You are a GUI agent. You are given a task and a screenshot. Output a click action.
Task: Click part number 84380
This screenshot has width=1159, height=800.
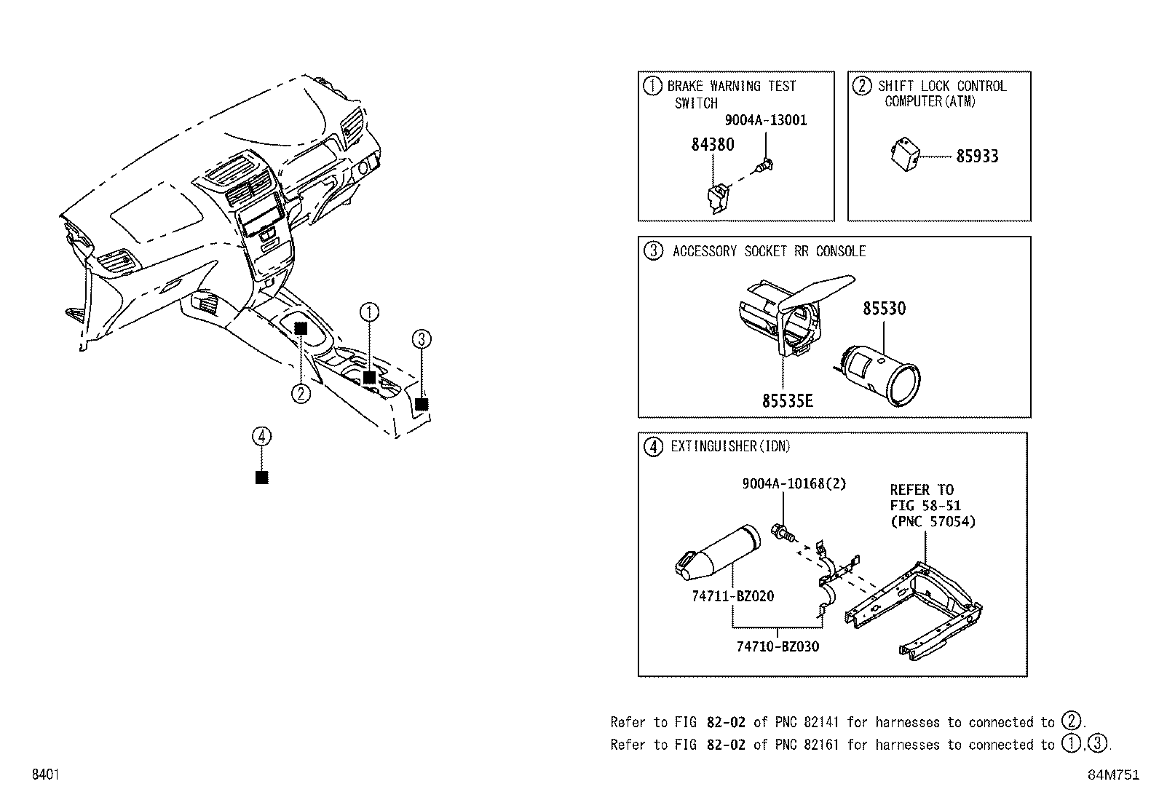tap(712, 145)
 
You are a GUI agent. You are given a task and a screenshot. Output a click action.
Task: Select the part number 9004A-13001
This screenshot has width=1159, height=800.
tap(765, 121)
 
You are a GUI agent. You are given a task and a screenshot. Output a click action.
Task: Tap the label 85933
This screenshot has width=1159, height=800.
tap(977, 157)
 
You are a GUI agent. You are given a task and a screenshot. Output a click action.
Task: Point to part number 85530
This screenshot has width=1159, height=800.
tap(884, 309)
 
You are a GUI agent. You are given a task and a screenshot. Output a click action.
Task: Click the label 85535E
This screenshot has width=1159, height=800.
tap(788, 401)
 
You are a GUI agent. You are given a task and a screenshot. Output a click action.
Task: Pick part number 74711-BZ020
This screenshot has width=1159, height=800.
tap(732, 596)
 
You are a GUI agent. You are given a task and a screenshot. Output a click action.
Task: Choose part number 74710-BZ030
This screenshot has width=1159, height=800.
tap(777, 646)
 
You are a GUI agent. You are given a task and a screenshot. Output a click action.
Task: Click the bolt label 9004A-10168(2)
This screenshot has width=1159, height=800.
tap(794, 483)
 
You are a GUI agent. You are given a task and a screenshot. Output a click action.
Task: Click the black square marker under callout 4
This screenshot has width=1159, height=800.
tap(262, 478)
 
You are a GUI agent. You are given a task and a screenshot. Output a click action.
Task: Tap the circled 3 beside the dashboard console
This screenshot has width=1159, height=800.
tap(422, 338)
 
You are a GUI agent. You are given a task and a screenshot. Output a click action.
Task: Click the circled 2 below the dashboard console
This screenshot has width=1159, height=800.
tap(301, 394)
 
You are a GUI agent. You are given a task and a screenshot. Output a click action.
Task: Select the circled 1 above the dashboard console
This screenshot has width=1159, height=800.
tap(369, 313)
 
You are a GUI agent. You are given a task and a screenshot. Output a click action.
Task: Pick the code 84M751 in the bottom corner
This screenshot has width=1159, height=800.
tap(1112, 775)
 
